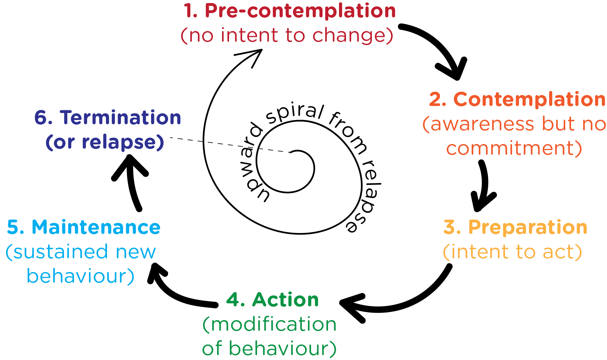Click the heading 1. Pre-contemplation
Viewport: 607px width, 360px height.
point(289,11)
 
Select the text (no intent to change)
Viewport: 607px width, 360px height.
point(287,35)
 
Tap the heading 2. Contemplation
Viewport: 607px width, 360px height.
point(517,99)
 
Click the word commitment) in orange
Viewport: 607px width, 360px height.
point(514,148)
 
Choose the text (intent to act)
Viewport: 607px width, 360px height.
point(512,252)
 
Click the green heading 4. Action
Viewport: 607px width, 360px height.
point(273,300)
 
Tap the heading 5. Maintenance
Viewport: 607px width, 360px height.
point(83,227)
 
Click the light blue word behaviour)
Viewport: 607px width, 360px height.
point(80,276)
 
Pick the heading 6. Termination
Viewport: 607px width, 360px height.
point(108,118)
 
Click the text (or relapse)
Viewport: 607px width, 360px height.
point(105,142)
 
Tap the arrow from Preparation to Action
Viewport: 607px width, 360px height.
point(405,302)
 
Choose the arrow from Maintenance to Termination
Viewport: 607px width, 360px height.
point(133,183)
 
